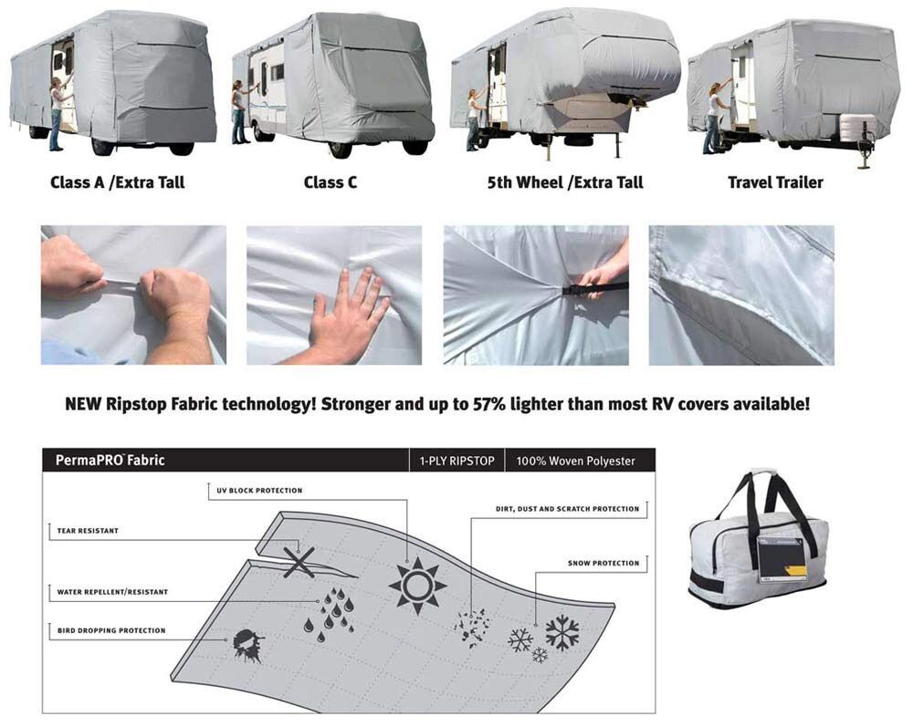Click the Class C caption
pyautogui.click(x=331, y=182)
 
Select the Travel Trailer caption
pyautogui.click(x=775, y=182)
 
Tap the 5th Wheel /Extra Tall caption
pyautogui.click(x=565, y=182)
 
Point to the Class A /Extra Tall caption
pyautogui.click(x=118, y=182)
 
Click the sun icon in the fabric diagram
pyautogui.click(x=417, y=585)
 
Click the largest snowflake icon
pyautogui.click(x=561, y=632)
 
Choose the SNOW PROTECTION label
pyautogui.click(x=603, y=564)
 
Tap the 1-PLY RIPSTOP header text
pyautogui.click(x=456, y=462)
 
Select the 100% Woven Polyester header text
pyautogui.click(x=575, y=462)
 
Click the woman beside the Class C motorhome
pyautogui.click(x=240, y=112)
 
